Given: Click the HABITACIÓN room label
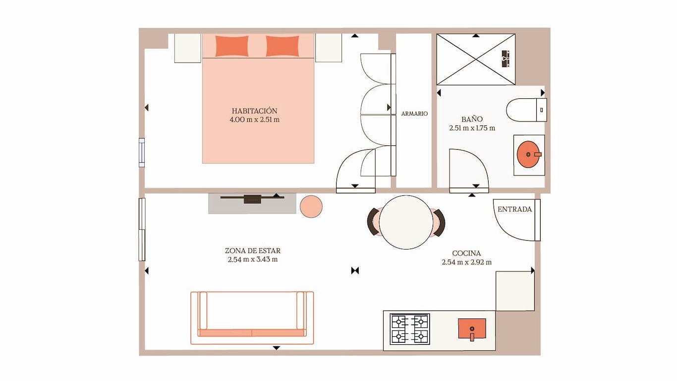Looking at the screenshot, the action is click(254, 111).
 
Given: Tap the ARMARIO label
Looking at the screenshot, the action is click(414, 114).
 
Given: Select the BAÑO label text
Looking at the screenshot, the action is click(472, 119).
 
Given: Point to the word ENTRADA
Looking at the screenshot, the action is click(514, 209).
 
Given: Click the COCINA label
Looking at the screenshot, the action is click(466, 254).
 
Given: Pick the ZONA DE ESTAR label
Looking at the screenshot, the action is click(253, 251).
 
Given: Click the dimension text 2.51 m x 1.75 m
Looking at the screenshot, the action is click(472, 128).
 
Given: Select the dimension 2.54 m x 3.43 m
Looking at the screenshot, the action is click(253, 259).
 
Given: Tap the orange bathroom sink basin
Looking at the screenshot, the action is click(529, 154).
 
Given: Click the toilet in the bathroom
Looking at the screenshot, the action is click(526, 110).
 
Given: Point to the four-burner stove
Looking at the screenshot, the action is click(410, 329).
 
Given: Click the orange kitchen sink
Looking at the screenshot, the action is click(472, 328).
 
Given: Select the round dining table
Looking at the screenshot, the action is click(406, 222).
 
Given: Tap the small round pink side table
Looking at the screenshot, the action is click(311, 206).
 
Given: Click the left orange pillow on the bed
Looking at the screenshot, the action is click(232, 46).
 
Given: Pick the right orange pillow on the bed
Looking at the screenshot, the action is click(282, 46).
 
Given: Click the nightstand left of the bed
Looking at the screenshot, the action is click(188, 48).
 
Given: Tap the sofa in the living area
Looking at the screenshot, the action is click(252, 318).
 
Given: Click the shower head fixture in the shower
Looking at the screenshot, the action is click(506, 59).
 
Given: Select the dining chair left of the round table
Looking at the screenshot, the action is click(374, 222).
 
